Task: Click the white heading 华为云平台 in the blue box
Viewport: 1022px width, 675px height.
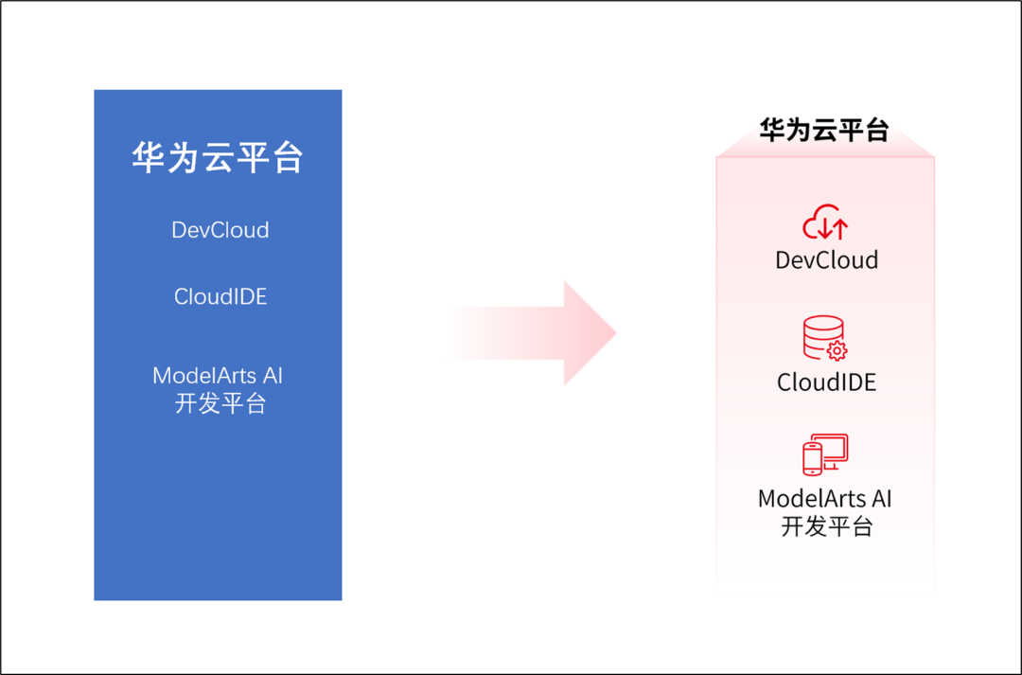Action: point(218,157)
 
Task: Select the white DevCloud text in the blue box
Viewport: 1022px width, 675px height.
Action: point(220,229)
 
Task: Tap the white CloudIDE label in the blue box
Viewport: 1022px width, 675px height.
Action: point(220,296)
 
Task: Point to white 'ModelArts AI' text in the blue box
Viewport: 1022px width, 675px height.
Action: point(218,376)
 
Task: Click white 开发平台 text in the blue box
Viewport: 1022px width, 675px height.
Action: point(220,403)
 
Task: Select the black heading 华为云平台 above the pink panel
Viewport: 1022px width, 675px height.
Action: point(824,130)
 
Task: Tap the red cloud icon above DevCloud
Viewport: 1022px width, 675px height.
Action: point(825,222)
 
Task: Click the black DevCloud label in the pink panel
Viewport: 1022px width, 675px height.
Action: point(826,260)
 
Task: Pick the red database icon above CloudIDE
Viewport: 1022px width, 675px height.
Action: point(824,338)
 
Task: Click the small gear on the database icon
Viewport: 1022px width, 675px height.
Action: point(837,351)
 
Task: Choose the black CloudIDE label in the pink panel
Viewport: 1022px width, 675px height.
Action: point(826,382)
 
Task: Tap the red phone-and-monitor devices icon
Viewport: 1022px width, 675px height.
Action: point(825,454)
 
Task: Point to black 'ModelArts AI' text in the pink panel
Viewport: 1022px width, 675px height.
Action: point(824,499)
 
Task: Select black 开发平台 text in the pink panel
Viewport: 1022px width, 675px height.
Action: point(826,526)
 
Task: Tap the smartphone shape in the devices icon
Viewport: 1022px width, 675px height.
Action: point(812,459)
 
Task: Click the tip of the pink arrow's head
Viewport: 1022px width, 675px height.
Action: point(616,332)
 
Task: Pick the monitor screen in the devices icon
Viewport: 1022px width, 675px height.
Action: point(833,448)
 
